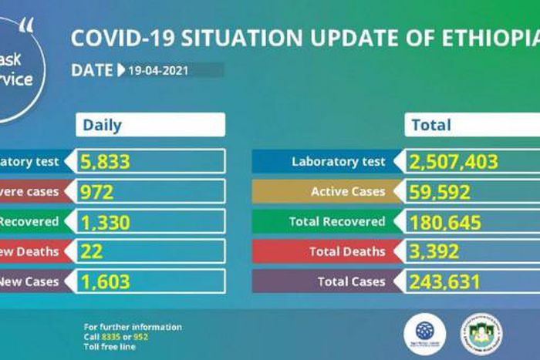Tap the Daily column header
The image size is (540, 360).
(103, 125)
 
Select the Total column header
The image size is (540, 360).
(431, 125)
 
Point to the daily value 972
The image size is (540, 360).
(97, 192)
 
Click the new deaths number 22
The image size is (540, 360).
(92, 251)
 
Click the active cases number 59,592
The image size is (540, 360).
(442, 192)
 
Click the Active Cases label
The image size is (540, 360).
(347, 192)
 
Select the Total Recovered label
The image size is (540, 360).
(337, 222)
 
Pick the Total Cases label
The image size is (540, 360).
(351, 281)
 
